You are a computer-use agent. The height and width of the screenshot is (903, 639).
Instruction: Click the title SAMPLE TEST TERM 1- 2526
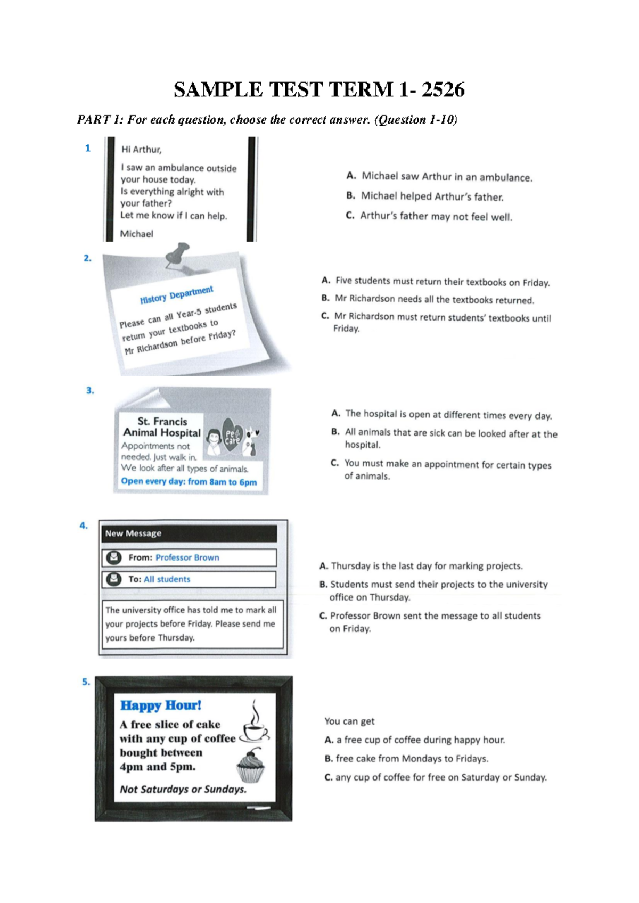click(x=319, y=89)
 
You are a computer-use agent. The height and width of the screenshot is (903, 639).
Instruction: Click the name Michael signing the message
click(x=136, y=234)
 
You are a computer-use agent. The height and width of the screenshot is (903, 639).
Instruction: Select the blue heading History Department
click(x=176, y=295)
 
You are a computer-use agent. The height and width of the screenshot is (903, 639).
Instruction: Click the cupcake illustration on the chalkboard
click(x=250, y=766)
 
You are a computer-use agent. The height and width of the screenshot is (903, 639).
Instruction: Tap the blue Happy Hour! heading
click(x=160, y=705)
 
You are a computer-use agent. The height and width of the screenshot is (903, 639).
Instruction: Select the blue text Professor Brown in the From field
click(x=187, y=557)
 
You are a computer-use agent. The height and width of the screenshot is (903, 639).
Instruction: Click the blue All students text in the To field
click(x=167, y=579)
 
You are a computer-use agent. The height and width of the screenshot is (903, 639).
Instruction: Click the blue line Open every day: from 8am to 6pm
click(x=189, y=481)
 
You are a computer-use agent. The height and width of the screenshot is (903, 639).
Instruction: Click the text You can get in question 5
click(x=349, y=721)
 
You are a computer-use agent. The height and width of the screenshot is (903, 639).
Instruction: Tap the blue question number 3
click(x=90, y=390)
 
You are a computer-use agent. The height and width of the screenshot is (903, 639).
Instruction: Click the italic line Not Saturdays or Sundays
click(x=183, y=789)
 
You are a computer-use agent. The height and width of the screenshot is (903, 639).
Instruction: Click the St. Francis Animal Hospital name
click(x=162, y=427)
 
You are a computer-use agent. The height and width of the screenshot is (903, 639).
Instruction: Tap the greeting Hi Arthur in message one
click(x=141, y=150)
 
